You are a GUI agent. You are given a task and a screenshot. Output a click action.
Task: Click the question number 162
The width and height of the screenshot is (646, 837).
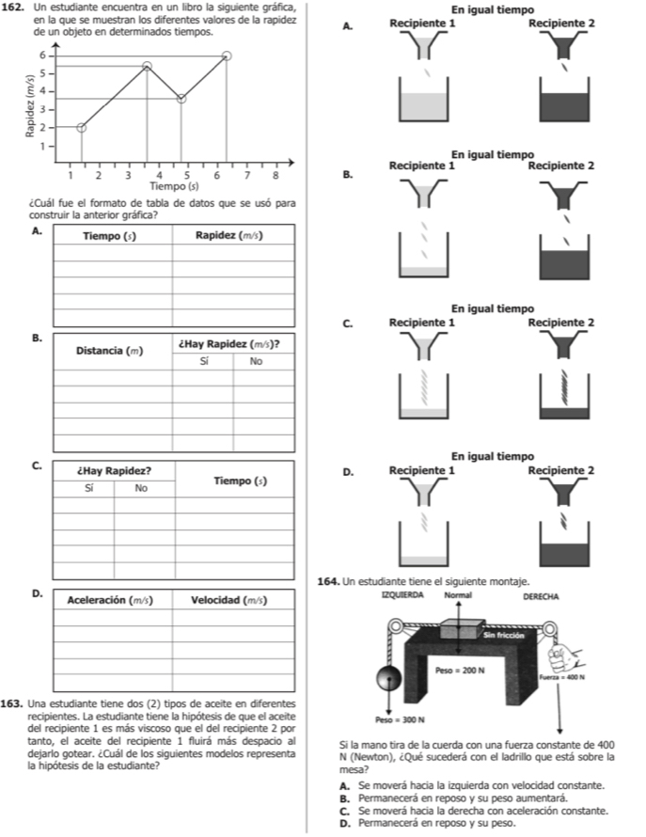tap(17, 8)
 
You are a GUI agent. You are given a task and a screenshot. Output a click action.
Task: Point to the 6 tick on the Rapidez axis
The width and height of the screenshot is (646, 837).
tap(42, 55)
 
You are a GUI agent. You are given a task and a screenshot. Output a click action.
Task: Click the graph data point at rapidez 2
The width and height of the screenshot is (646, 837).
tap(82, 128)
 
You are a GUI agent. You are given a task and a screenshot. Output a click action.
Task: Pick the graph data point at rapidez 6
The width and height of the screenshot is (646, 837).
tap(227, 55)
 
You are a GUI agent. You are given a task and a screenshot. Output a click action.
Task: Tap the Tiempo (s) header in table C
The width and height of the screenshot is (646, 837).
tap(240, 482)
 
